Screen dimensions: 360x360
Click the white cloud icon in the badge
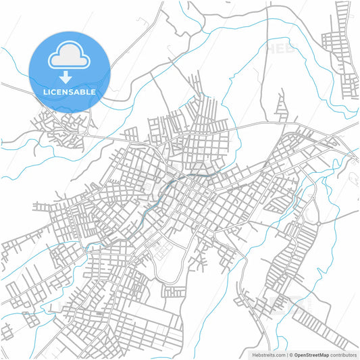[70, 57]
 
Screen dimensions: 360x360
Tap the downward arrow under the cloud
[70, 76]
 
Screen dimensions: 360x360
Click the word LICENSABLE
[70, 91]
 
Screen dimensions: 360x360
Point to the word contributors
[344, 354]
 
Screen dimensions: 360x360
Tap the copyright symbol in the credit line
[290, 354]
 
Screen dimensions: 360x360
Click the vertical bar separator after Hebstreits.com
[286, 354]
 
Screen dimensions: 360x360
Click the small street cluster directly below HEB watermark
[281, 105]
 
